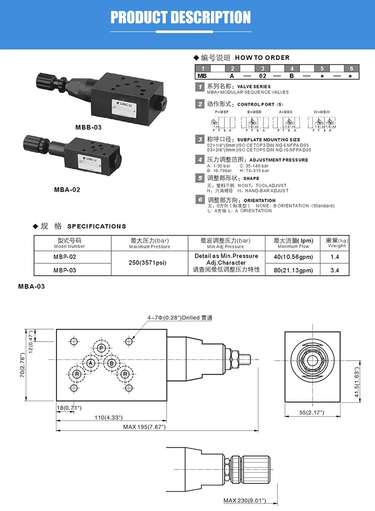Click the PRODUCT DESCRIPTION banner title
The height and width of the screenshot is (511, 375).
coord(180,17)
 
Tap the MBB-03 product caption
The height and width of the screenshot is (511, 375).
coord(88,127)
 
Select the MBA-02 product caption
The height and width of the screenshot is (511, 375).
coord(67,189)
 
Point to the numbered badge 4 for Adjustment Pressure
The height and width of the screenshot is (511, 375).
coord(199,159)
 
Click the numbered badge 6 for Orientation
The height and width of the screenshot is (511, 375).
coord(199,200)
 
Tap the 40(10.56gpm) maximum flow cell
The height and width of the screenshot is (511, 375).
coord(293,257)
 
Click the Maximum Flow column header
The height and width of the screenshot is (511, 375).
coord(293,243)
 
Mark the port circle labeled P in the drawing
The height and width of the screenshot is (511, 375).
coord(101,348)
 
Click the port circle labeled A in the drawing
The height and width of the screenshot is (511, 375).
coord(90,363)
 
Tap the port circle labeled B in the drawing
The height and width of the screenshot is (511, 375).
coord(112,363)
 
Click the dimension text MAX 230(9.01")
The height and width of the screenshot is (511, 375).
coord(244,500)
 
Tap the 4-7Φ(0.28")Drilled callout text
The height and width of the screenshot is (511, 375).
coord(179,318)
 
